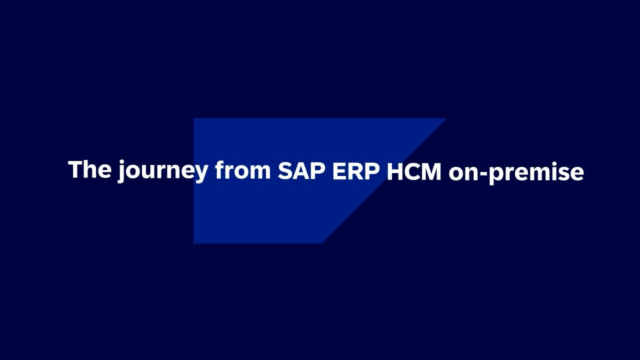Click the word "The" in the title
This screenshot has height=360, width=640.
(x=89, y=169)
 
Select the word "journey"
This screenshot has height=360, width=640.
(x=162, y=171)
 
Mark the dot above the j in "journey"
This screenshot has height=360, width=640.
(x=122, y=162)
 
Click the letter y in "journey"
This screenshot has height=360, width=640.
(x=198, y=175)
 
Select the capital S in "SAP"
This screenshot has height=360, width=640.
(x=285, y=171)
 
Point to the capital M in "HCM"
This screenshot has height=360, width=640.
(x=430, y=171)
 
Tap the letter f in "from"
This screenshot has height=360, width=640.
(x=221, y=169)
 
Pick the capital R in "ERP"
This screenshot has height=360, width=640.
(x=356, y=171)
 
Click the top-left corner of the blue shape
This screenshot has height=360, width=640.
(x=193, y=118)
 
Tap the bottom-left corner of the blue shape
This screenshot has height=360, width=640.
(x=193, y=243)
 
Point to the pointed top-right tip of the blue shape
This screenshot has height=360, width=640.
(x=445, y=118)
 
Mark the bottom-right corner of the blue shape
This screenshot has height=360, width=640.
(x=322, y=243)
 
